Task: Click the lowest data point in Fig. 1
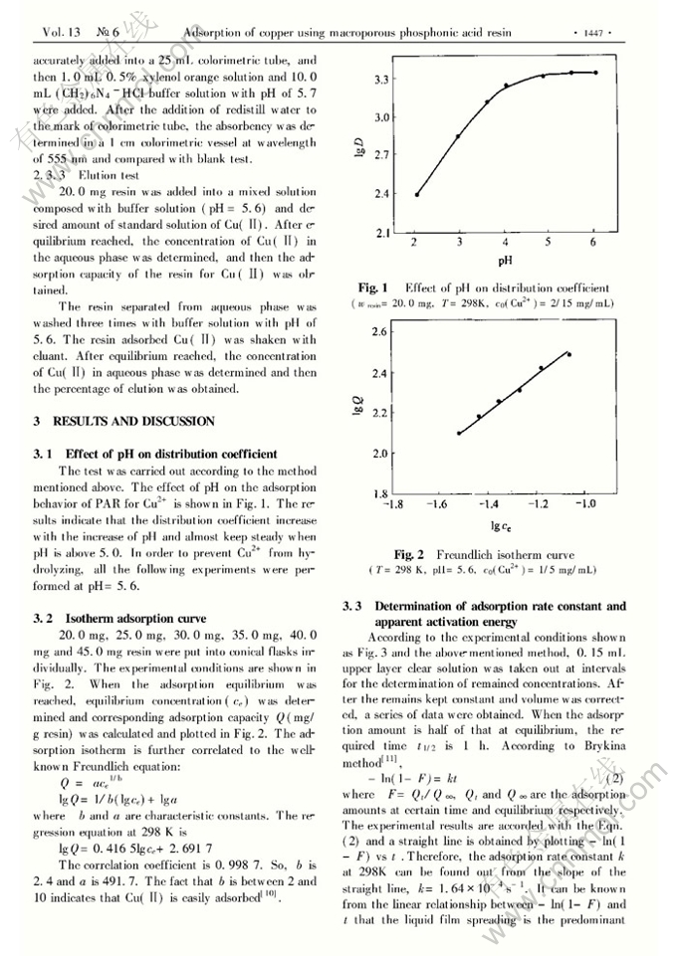point(417,194)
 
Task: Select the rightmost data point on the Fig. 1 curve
point(594,72)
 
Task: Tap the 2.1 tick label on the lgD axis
point(378,234)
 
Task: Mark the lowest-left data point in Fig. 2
point(459,433)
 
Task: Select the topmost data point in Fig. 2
point(568,354)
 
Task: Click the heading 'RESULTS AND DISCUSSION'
point(135,422)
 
